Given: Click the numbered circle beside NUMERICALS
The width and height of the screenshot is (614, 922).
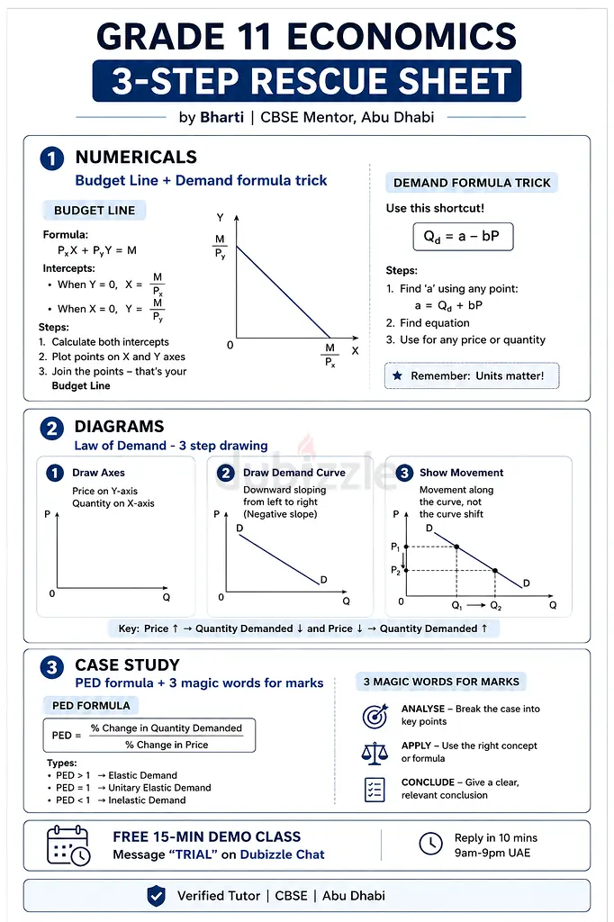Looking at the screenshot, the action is [x=51, y=158].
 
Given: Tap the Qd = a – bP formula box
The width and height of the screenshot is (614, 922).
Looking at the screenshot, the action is [x=463, y=237].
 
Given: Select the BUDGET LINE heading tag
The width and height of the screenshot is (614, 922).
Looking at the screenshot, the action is [x=95, y=211].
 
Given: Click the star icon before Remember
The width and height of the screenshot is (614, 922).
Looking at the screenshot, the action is [x=398, y=375].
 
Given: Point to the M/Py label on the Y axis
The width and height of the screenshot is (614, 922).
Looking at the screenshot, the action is [x=220, y=247].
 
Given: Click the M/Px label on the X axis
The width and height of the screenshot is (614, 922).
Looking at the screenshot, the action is [x=330, y=355].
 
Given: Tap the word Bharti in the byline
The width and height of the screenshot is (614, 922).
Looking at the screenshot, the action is [x=221, y=117].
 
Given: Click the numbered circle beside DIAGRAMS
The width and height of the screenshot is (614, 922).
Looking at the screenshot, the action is [x=51, y=428].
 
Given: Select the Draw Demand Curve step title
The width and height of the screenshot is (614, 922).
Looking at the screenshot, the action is [x=294, y=472].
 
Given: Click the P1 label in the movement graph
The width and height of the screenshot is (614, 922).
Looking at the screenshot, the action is [x=395, y=547].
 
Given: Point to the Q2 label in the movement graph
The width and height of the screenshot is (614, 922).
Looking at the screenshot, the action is [x=496, y=606].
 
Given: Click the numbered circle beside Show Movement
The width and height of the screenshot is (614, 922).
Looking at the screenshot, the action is [x=404, y=473].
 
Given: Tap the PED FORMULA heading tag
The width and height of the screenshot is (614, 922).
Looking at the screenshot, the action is [x=91, y=705].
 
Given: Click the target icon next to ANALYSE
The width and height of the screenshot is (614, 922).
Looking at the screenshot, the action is [x=375, y=715].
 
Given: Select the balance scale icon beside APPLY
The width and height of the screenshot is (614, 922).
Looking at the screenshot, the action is [x=375, y=753].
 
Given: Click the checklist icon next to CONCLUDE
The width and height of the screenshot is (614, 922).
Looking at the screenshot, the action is [x=375, y=789].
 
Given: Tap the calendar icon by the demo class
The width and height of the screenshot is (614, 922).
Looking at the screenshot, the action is [x=68, y=845].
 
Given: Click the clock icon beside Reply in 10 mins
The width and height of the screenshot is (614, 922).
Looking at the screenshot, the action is [x=431, y=844].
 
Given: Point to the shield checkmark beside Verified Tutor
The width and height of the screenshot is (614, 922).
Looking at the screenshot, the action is [x=156, y=896].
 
